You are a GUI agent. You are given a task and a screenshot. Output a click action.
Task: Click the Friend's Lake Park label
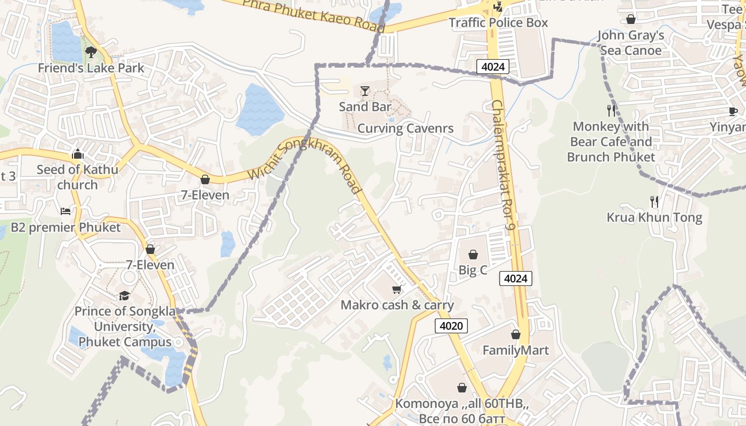pos(91,68)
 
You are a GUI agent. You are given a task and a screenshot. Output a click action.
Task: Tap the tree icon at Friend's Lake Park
pos(91,52)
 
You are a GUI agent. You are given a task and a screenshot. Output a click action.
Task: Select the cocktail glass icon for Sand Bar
pos(365,91)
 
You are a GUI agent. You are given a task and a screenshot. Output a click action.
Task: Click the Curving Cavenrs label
pos(406,128)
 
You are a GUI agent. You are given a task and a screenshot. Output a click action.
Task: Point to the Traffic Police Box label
pos(498,23)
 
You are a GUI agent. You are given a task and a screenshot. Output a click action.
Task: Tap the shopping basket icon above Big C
pos(473,255)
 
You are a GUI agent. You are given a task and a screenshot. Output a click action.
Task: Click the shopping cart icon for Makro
pos(396,289)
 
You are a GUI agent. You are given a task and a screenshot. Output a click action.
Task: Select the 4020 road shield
pos(451,326)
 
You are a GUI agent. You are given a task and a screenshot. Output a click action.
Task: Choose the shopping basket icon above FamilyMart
pos(515,334)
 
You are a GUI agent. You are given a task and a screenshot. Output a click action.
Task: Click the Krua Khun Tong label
pos(654,217)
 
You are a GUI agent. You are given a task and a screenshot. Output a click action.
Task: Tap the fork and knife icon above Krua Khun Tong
pos(654,202)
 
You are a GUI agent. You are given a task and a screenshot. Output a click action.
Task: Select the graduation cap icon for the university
pos(124,296)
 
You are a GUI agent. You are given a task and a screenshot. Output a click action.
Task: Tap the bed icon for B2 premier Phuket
pos(66,211)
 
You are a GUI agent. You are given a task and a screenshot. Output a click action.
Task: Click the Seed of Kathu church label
pos(77,177)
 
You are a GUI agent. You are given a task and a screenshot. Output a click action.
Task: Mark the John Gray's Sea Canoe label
pos(631,43)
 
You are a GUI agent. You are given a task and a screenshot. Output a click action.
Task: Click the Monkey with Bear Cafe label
pos(611,142)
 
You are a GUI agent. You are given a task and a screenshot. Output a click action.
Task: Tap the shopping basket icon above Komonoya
pos(462,388)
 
